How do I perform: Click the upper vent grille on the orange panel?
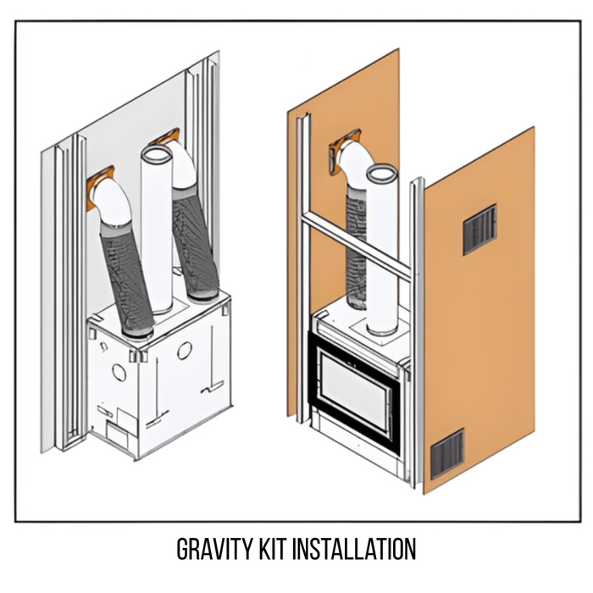479,229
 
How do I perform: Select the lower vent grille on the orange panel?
446,454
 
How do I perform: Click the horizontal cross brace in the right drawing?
356,246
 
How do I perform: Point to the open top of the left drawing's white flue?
155,156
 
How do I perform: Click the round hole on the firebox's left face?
119,372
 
